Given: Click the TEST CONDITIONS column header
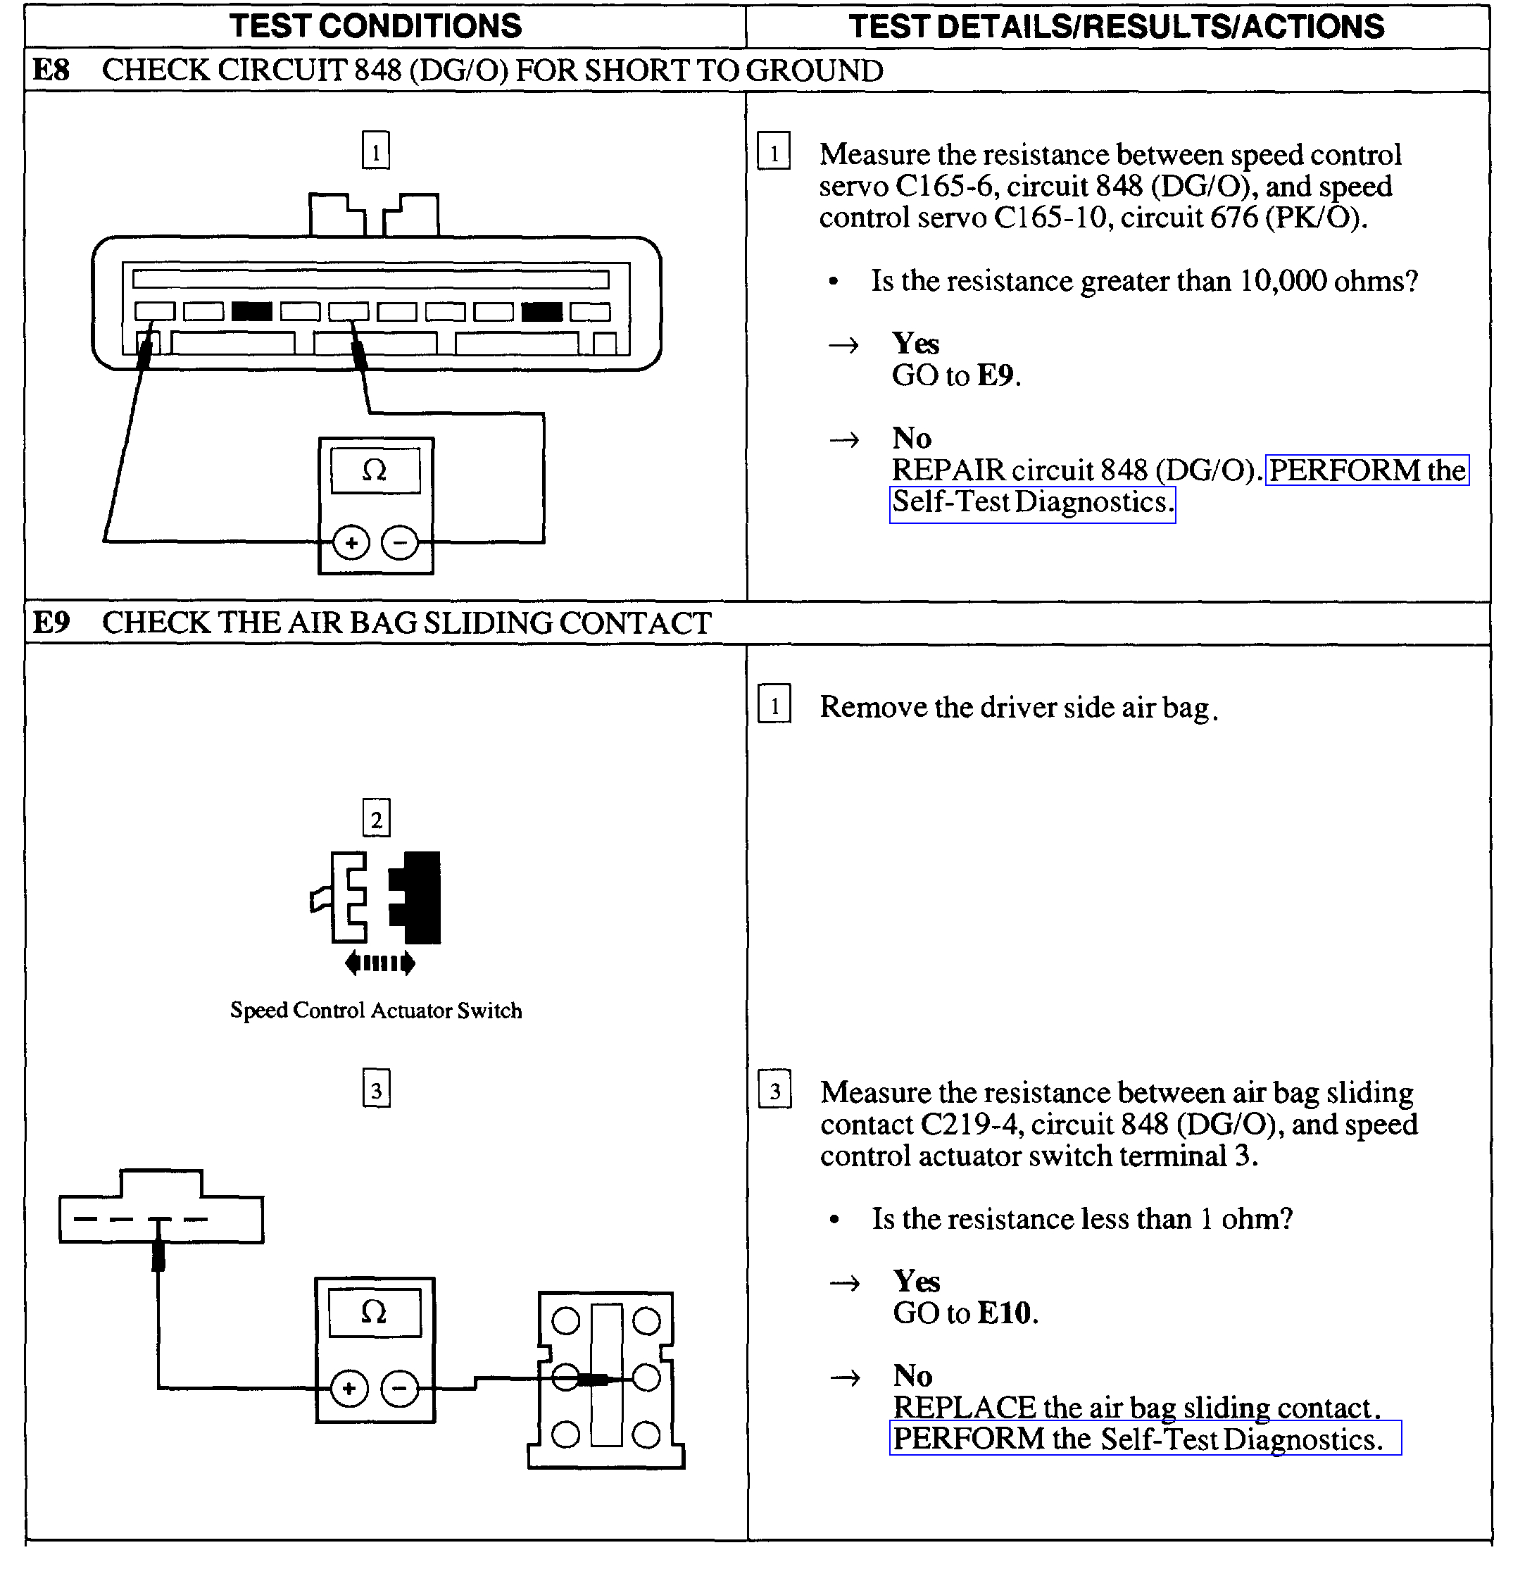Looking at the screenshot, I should click(376, 26).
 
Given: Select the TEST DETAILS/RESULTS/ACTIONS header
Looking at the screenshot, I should click(1116, 27).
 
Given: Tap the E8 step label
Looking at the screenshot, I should click(51, 70).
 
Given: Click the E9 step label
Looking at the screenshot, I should click(51, 623).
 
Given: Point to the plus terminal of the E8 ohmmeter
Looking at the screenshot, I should click(351, 543).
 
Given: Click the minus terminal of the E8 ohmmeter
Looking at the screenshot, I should click(400, 543).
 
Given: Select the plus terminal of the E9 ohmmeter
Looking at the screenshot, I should click(349, 1388).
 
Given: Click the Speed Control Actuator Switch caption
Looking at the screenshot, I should click(376, 1011).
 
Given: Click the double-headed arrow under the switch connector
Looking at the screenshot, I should click(379, 963).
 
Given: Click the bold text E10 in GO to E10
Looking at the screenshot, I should click(1004, 1313).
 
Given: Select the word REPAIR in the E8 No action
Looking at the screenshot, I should click(948, 470).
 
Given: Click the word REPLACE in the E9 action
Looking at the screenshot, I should click(964, 1407).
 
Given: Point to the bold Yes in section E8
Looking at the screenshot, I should click(915, 344).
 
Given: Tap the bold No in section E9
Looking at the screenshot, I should click(912, 1375).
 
